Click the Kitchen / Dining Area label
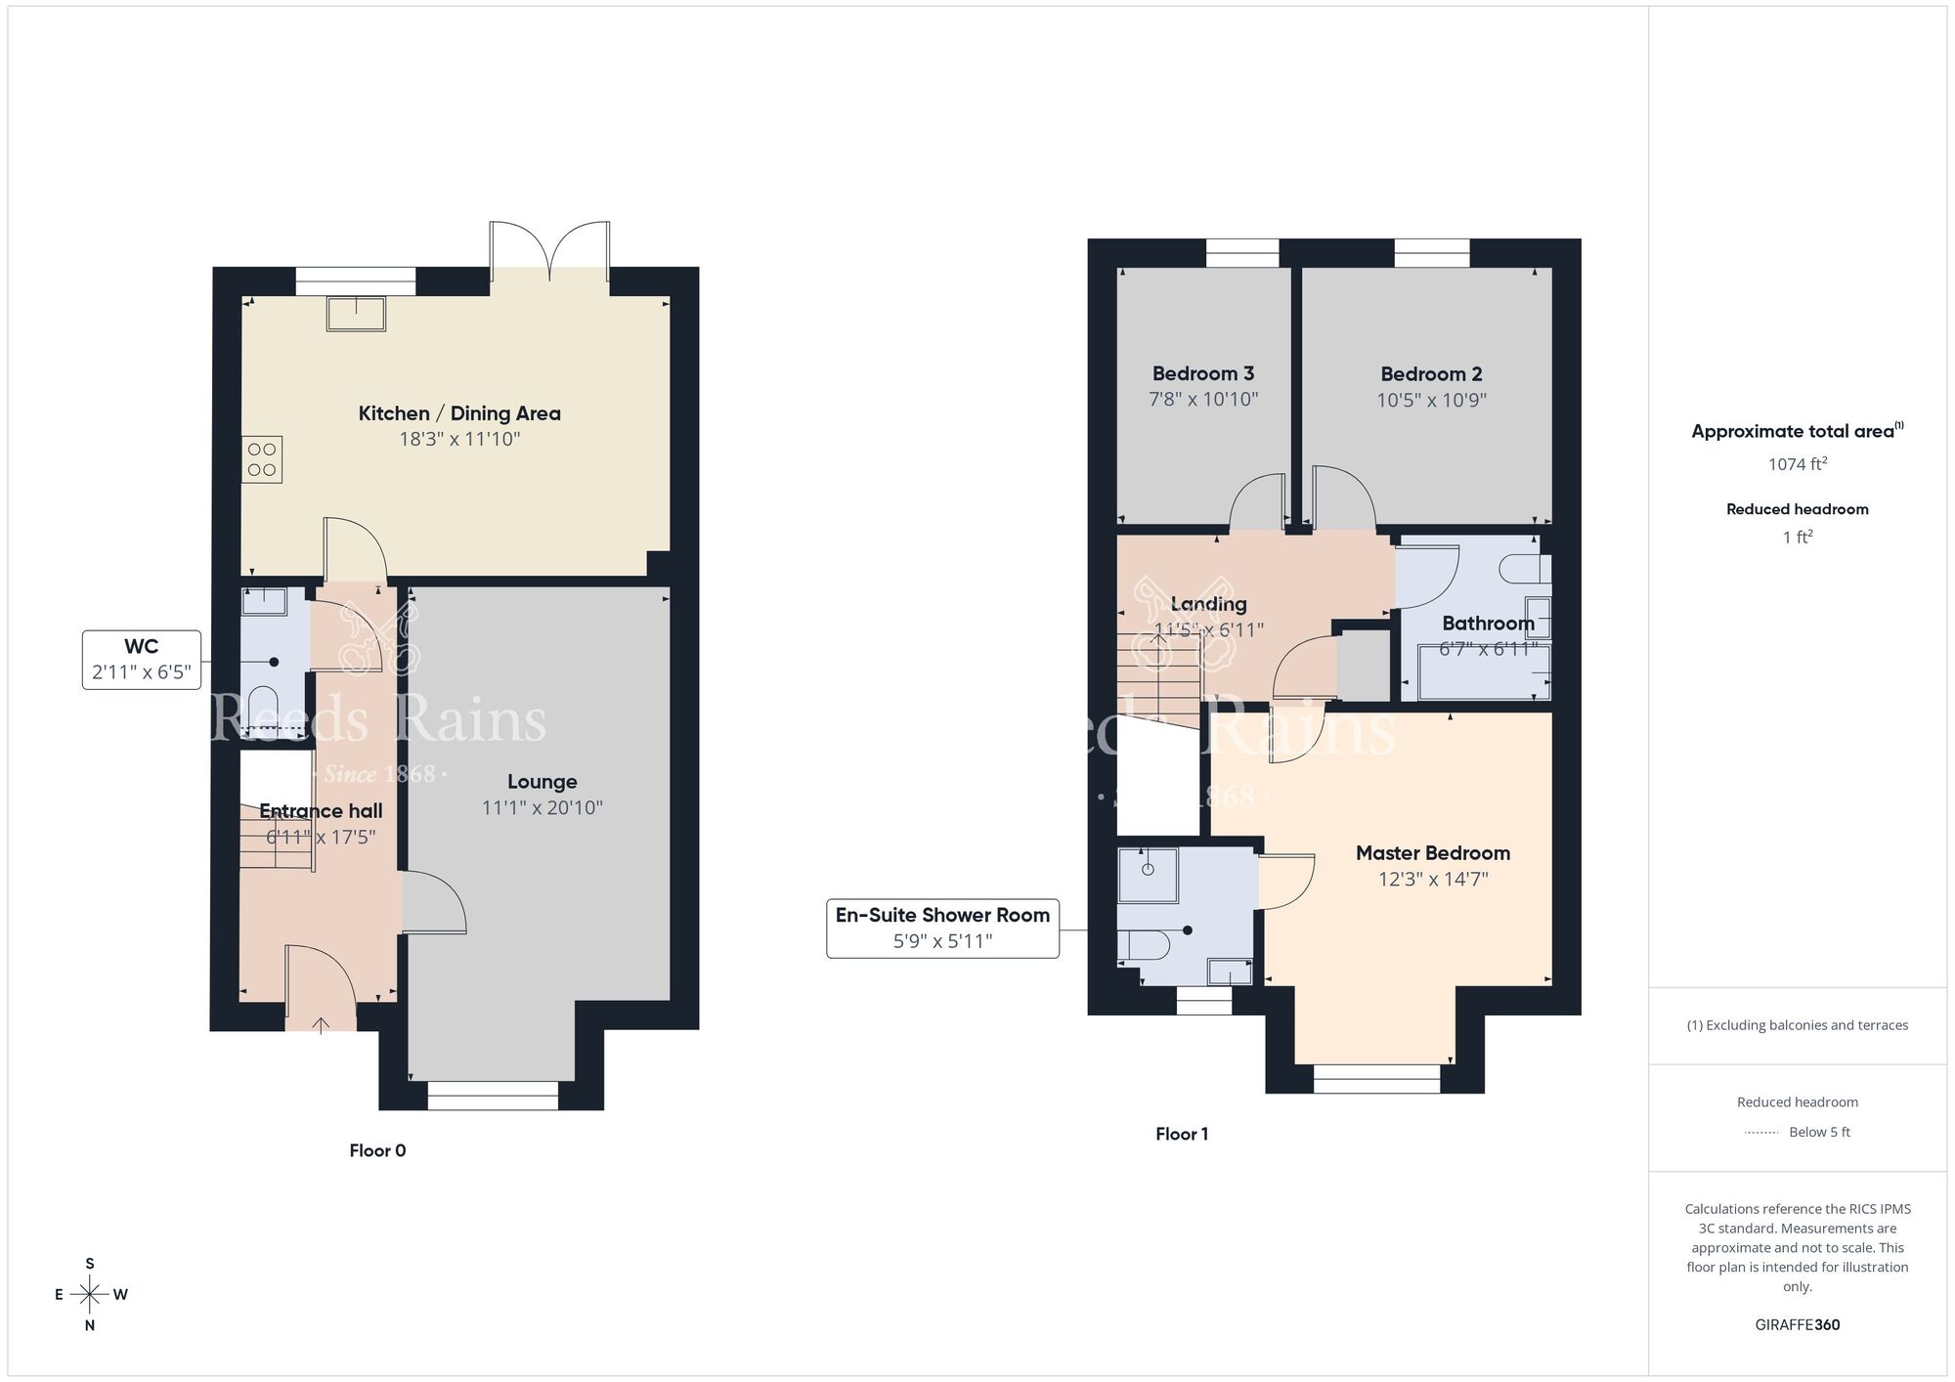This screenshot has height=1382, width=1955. [459, 413]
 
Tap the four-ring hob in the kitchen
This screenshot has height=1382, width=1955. [262, 459]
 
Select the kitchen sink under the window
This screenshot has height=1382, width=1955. [356, 314]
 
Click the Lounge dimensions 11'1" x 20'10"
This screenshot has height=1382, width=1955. [542, 808]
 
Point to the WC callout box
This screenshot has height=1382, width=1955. [142, 660]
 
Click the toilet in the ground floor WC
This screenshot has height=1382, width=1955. [263, 708]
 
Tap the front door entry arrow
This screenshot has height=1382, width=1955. [321, 1024]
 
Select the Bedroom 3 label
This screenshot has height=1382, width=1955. [1202, 373]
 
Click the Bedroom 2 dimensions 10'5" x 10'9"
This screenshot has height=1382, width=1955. [1431, 400]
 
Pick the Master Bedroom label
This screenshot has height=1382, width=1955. [1432, 853]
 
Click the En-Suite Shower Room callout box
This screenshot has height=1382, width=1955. [942, 928]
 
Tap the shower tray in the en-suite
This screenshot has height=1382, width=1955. [1148, 874]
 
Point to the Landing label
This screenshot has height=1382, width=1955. [1208, 604]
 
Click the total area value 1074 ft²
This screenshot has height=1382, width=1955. [1797, 464]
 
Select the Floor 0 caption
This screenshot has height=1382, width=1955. [377, 1150]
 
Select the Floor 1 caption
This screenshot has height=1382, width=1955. [1181, 1134]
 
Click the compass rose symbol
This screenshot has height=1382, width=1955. [90, 1295]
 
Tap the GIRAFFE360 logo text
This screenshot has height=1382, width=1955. [1797, 1325]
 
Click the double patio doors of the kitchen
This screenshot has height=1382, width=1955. [549, 254]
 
